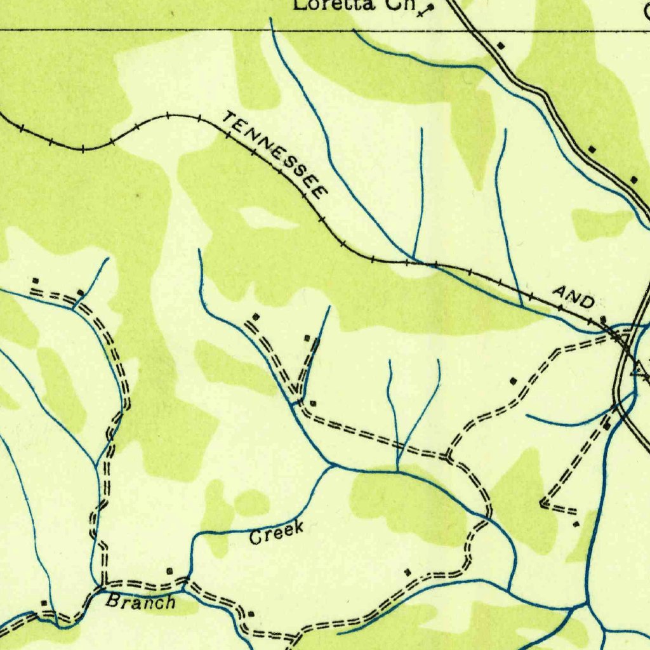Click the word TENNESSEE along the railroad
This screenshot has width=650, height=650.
[275, 155]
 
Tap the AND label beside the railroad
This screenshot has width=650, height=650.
[573, 296]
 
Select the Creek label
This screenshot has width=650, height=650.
[277, 532]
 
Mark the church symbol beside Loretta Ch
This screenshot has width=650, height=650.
[430, 9]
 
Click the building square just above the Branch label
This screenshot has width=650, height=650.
[169, 571]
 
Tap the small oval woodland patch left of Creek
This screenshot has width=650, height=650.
[251, 503]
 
